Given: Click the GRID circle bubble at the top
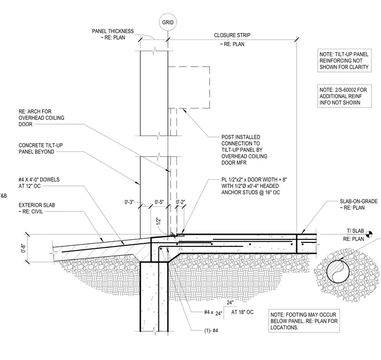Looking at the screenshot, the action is tap(167, 23).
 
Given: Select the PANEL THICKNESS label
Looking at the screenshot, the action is tap(113, 34).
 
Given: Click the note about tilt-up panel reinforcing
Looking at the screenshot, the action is tap(344, 61).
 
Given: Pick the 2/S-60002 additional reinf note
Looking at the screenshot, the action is tap(344, 96).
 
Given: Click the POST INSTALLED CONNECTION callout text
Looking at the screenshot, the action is tap(244, 150).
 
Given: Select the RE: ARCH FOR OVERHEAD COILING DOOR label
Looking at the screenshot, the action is tap(41, 118).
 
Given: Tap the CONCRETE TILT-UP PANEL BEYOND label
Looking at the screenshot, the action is tap(41, 148).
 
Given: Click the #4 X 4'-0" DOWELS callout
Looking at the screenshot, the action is tap(39, 183).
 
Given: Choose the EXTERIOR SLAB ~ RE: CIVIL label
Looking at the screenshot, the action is tap(37, 208).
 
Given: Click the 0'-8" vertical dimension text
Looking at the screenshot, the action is tap(24, 248).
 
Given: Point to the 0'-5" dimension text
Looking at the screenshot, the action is tap(159, 202).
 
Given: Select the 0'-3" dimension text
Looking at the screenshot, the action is tap(129, 202).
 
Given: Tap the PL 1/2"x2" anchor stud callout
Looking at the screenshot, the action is tap(254, 186).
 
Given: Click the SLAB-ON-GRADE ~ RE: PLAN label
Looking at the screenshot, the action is tap(358, 204).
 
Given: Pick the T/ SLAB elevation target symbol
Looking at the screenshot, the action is tap(369, 234).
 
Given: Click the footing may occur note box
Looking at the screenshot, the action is tap(304, 321).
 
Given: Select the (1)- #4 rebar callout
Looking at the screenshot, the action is tap(211, 330).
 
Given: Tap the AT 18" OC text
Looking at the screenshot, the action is tap(242, 312).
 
